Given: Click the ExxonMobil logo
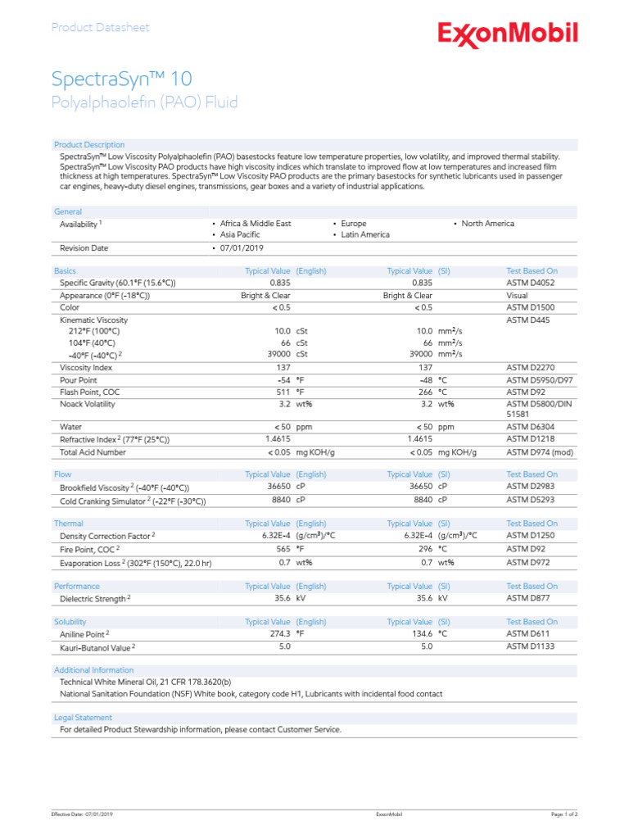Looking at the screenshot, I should point(508,34).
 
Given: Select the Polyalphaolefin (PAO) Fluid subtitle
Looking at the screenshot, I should point(144,102).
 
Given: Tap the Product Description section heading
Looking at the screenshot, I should point(89,145).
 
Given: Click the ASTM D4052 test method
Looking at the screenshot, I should point(532,283).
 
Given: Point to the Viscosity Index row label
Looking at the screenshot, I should point(86,368).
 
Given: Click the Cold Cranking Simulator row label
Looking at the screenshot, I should point(133,501).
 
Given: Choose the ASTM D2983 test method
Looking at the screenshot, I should point(532,487).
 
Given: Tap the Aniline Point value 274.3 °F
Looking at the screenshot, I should point(283,634).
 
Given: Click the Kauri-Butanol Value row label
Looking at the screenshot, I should point(97,647).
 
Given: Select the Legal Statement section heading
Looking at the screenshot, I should point(83,717).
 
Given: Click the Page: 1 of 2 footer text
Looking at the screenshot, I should point(564,814).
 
